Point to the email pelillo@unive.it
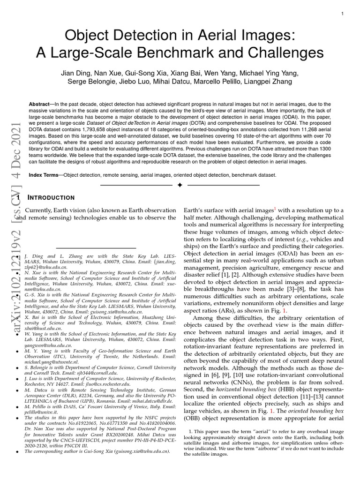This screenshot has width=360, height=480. (x=39, y=412)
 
